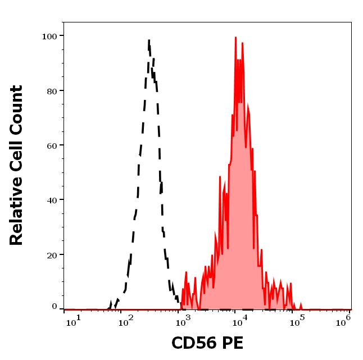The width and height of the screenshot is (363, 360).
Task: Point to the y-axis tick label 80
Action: (52, 91)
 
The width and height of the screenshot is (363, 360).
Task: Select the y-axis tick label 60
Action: (52, 145)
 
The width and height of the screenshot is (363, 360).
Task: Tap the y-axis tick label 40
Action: (52, 200)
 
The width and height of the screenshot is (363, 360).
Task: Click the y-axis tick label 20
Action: (52, 254)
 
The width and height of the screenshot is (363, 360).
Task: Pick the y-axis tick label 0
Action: (55, 307)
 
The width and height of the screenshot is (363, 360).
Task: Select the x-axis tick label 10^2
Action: (125, 320)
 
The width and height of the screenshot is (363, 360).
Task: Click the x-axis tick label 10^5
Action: (294, 320)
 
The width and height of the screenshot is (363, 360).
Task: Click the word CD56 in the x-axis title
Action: (194, 343)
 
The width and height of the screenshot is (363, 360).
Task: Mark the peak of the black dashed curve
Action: (149, 40)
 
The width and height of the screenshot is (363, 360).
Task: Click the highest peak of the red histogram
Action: (235, 37)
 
